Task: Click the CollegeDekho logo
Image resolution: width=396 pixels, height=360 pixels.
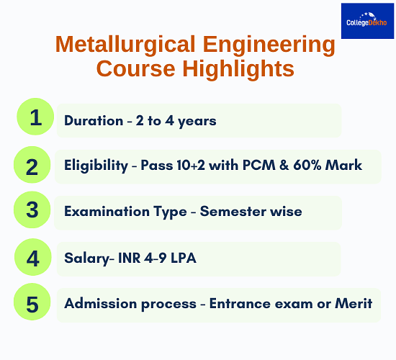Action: (x=367, y=21)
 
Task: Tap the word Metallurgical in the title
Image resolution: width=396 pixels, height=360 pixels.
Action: (x=125, y=44)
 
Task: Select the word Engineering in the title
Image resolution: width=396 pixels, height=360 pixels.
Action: (x=269, y=45)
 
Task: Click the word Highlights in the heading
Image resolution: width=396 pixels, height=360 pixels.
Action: (x=238, y=69)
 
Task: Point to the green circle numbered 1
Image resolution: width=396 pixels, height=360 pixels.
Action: (x=35, y=117)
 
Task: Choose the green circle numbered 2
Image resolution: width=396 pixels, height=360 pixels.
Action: (x=32, y=165)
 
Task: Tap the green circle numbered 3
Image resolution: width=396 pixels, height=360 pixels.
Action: (x=32, y=210)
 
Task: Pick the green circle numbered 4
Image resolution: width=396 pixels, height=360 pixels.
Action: (x=33, y=257)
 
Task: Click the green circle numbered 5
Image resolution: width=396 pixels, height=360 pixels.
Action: (x=32, y=302)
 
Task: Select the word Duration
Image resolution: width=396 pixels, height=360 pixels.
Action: (x=94, y=120)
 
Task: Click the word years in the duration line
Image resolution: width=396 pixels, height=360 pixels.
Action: (x=197, y=122)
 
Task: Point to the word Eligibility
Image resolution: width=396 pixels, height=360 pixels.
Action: (x=96, y=166)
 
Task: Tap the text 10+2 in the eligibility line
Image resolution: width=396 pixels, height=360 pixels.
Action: (x=191, y=165)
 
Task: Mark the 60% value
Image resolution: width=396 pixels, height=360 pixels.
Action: (x=307, y=165)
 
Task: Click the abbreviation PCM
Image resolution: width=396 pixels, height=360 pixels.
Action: (x=259, y=165)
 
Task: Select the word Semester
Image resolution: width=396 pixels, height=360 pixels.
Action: (x=233, y=211)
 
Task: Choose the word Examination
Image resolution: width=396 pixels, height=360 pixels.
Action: (x=107, y=211)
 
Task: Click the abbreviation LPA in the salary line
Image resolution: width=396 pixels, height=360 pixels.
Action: (x=184, y=258)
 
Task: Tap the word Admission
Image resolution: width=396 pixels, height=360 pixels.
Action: (x=102, y=303)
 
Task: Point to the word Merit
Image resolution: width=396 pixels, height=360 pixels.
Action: (x=354, y=303)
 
